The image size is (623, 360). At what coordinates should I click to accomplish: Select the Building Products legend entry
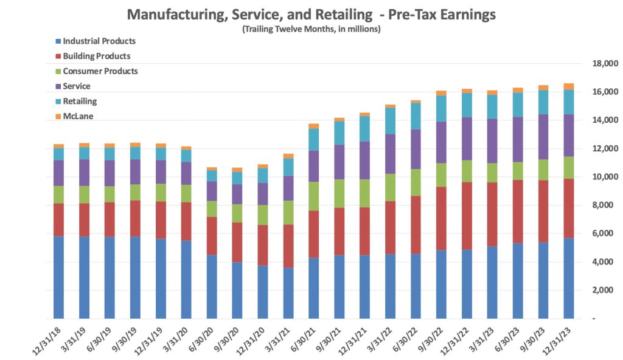(x=96, y=56)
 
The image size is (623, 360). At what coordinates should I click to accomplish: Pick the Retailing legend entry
(x=80, y=101)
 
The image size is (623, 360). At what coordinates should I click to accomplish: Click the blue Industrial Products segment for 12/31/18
(x=58, y=277)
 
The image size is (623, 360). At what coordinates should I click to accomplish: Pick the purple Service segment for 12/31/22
(x=467, y=139)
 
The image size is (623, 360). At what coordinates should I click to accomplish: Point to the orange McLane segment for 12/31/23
(x=568, y=86)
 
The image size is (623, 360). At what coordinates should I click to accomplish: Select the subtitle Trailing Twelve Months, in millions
(x=311, y=29)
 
